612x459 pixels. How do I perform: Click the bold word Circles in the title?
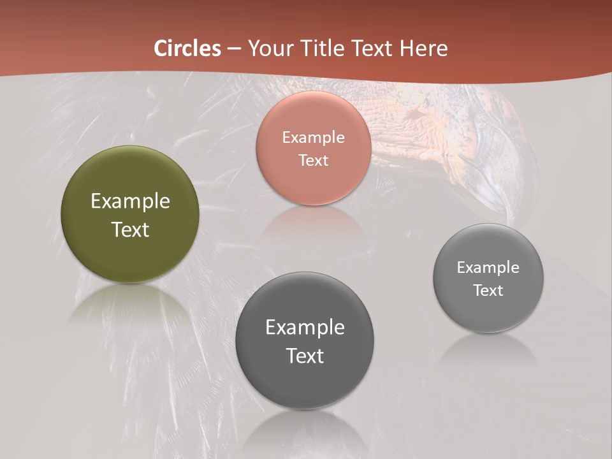187,48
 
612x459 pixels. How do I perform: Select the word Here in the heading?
423,48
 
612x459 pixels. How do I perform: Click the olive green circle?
130,255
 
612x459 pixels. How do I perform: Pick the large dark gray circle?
305,386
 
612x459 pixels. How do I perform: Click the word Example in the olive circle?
130,201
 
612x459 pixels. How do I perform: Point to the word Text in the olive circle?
130,230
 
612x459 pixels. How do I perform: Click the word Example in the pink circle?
314,138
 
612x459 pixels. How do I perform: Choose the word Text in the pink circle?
314,161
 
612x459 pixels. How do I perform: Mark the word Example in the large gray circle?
305,328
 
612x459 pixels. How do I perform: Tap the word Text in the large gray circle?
305,356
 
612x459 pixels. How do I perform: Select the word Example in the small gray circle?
488,268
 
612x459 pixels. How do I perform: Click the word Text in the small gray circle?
488,291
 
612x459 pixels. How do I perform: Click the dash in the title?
233,49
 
